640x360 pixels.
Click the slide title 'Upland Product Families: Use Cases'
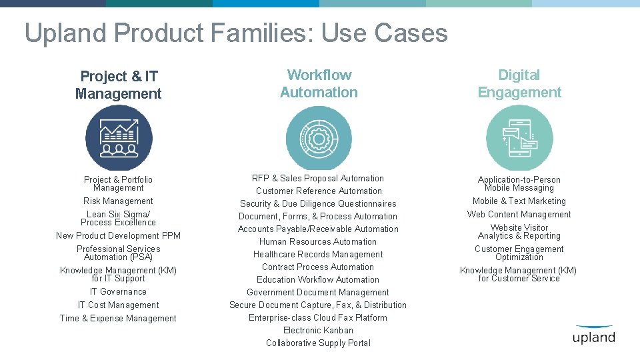[x=236, y=33]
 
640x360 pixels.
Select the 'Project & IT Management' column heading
[x=119, y=85]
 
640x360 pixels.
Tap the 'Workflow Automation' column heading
[x=319, y=84]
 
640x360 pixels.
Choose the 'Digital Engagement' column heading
[x=519, y=84]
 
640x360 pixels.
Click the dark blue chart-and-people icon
[x=119, y=138]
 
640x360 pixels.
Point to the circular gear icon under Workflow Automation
[x=319, y=138]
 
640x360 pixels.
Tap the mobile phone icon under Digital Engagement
[x=519, y=138]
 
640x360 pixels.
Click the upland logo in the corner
[x=593, y=335]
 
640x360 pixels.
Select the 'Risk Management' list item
[x=118, y=201]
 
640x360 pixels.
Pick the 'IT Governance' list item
[x=118, y=291]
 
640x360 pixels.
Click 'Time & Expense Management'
[x=118, y=318]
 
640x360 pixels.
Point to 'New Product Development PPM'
[x=118, y=235]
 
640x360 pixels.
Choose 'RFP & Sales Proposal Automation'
[x=318, y=178]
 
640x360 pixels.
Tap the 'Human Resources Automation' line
[x=318, y=241]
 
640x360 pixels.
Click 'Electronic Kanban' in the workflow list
[x=318, y=330]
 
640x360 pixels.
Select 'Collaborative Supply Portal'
[x=318, y=343]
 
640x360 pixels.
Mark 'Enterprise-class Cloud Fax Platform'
[x=318, y=317]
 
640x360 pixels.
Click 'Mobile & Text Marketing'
[x=519, y=201]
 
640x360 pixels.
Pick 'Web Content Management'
[x=519, y=214]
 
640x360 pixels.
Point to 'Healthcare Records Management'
[x=318, y=254]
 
